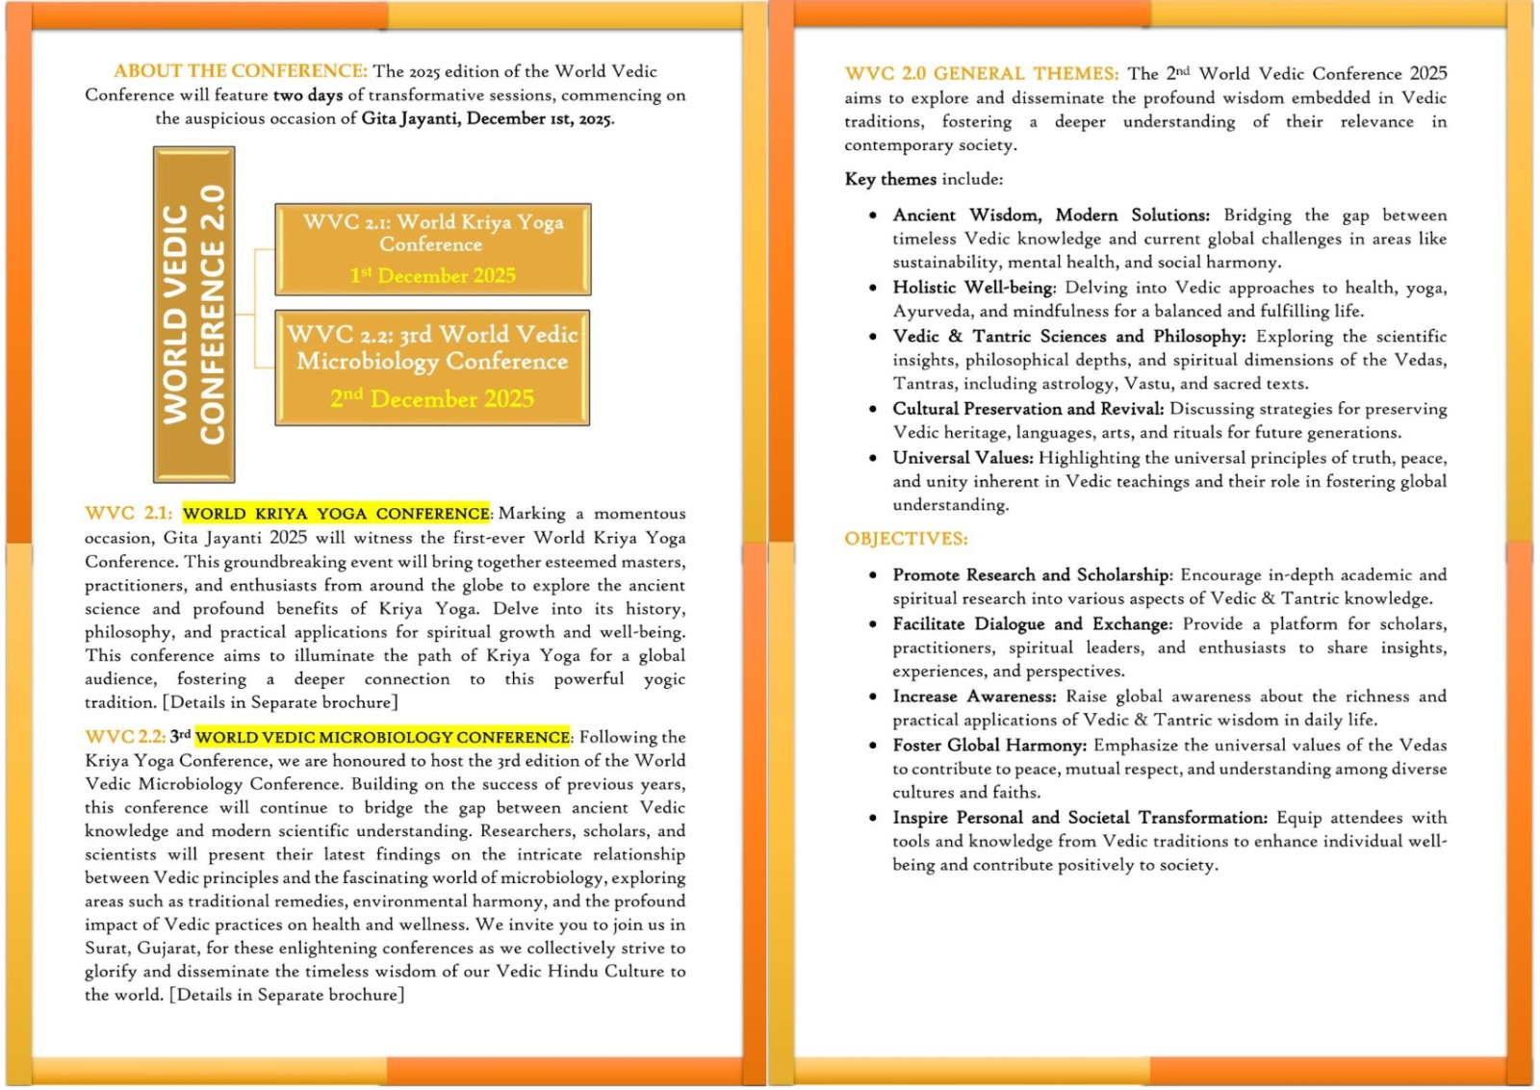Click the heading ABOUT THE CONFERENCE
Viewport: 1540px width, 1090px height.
click(x=240, y=71)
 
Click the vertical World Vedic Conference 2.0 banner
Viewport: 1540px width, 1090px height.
click(x=193, y=315)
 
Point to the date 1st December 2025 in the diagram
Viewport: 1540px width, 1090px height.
click(x=432, y=276)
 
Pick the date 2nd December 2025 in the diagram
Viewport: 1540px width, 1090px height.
click(x=432, y=398)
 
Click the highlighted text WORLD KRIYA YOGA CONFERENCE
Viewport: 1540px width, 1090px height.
click(x=336, y=514)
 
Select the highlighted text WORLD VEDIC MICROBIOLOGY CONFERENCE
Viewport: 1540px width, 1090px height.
click(x=382, y=737)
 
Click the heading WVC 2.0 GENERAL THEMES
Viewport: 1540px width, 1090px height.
click(x=981, y=74)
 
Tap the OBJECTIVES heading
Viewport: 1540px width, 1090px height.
click(x=906, y=539)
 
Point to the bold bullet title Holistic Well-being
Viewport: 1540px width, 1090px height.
click(x=973, y=288)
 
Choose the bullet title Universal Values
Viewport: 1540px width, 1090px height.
click(x=962, y=458)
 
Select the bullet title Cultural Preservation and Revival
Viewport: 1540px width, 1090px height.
click(x=1027, y=409)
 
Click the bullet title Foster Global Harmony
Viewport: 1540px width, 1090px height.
click(x=988, y=746)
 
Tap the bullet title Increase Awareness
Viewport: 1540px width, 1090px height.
click(x=973, y=697)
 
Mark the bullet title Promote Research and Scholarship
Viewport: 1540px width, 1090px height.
click(x=1031, y=575)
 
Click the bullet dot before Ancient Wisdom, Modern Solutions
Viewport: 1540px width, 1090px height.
click(x=872, y=215)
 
